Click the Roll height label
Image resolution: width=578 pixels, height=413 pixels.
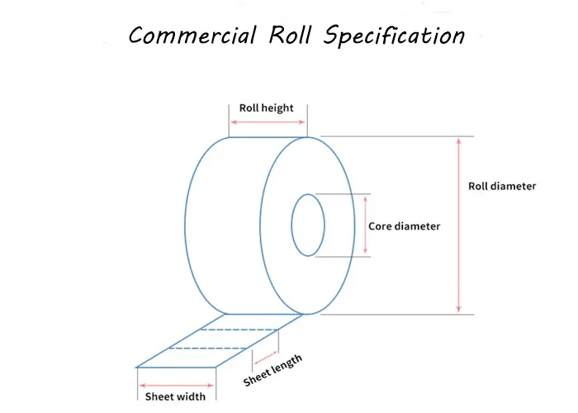(266, 108)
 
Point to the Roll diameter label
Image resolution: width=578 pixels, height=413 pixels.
(502, 186)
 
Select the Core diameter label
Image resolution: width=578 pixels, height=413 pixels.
(405, 225)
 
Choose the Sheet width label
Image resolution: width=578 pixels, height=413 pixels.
(170, 396)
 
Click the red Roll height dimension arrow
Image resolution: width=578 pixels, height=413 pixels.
(267, 122)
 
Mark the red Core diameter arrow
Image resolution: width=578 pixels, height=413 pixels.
(364, 225)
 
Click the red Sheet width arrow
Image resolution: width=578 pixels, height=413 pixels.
(177, 385)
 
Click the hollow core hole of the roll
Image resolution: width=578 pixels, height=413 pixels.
(308, 225)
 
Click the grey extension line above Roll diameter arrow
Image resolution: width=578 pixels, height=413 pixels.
(396, 136)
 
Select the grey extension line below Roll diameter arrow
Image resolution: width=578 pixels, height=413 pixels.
(396, 315)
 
